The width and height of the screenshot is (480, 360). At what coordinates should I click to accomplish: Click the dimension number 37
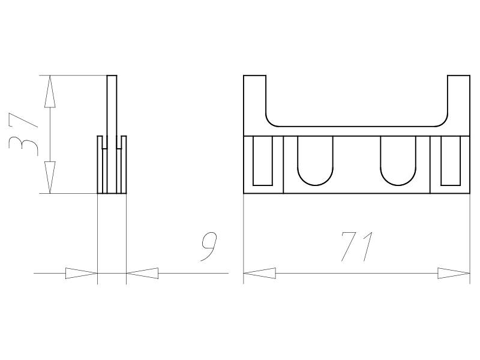(23, 135)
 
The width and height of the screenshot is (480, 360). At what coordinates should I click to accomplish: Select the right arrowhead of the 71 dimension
(454, 274)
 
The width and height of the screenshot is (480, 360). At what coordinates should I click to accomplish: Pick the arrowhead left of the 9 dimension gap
(81, 274)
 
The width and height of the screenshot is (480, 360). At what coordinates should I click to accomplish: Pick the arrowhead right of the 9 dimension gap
(143, 274)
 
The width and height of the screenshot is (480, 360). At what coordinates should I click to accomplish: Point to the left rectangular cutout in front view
(263, 161)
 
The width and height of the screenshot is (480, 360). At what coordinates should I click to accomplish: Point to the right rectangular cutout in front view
(450, 161)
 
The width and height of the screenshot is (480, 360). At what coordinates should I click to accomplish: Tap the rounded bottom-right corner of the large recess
(443, 121)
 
